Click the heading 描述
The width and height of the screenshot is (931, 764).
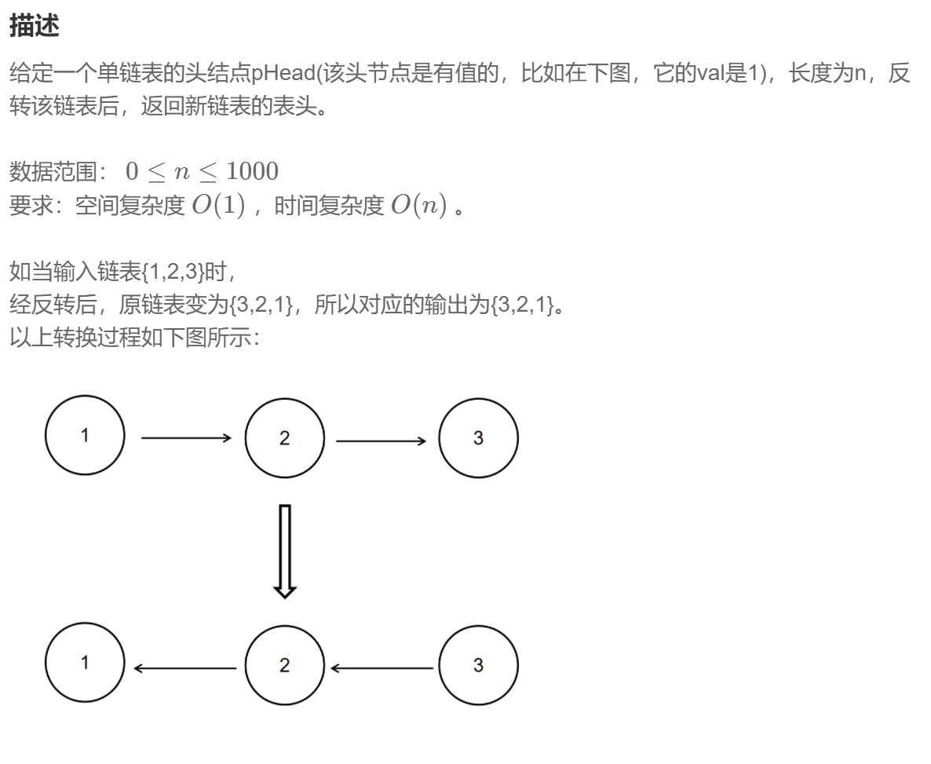[x=35, y=26]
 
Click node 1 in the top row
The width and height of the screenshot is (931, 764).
[x=85, y=436]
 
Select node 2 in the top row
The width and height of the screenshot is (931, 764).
[x=284, y=438]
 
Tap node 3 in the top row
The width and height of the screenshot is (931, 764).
[x=478, y=438]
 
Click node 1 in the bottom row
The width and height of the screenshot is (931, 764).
[x=85, y=663]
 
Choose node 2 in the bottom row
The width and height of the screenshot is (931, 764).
[x=284, y=665]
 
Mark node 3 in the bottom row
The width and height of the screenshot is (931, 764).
[x=478, y=665]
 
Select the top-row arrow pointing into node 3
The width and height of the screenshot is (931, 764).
[x=381, y=441]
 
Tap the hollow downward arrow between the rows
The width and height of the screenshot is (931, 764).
[x=285, y=550]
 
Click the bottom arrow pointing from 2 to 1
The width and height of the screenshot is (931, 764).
[x=185, y=668]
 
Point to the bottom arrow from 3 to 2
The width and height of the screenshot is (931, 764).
[x=382, y=668]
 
